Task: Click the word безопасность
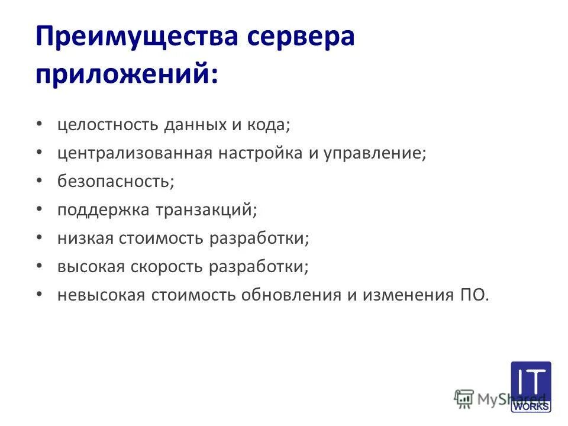(x=115, y=181)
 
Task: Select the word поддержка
(x=104, y=209)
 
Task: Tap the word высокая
(x=91, y=266)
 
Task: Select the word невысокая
(x=101, y=295)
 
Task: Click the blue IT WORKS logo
(x=530, y=386)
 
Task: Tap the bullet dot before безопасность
(x=39, y=180)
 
